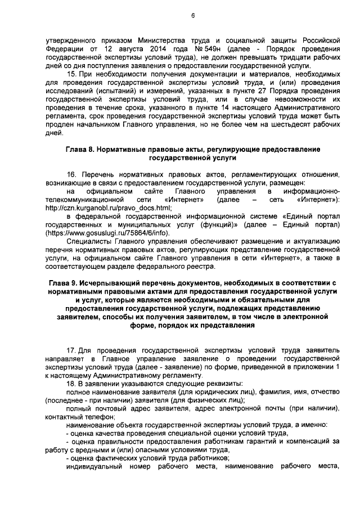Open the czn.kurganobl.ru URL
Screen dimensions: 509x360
pyautogui.click(x=109, y=208)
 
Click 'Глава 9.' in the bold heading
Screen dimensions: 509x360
pyautogui.click(x=62, y=282)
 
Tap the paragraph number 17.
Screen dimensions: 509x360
pyautogui.click(x=70, y=350)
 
